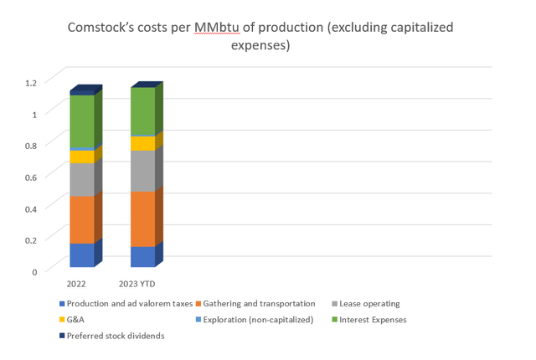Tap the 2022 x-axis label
pos(76,283)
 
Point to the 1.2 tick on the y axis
pos(31,82)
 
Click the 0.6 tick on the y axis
pos(31,177)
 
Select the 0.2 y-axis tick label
pos(31,240)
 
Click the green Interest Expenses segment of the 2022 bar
pos(81,121)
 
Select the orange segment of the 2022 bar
pos(81,219)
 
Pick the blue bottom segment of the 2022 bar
pos(81,255)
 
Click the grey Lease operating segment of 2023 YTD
pos(142,171)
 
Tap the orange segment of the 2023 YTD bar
pos(142,219)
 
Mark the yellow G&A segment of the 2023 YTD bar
pos(142,143)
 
